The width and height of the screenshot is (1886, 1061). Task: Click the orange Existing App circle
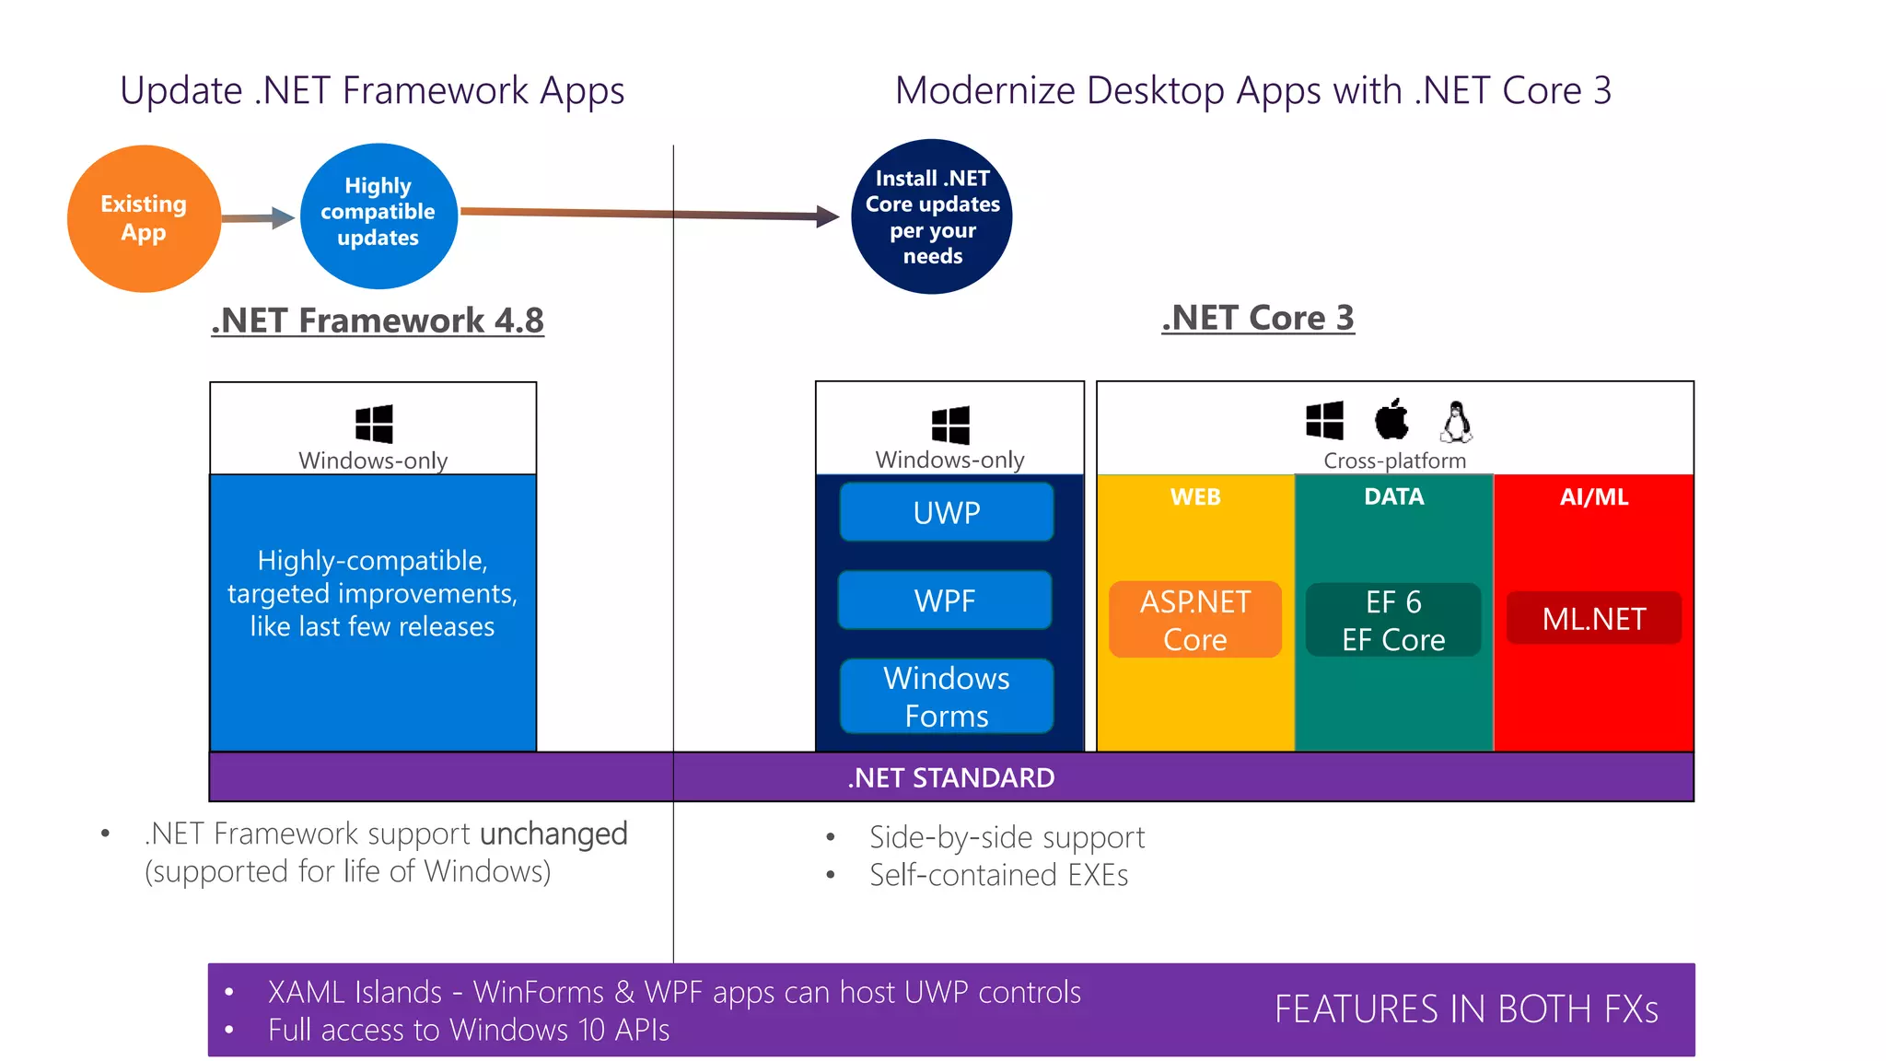(144, 218)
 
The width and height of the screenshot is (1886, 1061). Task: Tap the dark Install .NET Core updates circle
(932, 216)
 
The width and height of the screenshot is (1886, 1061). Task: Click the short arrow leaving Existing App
(258, 218)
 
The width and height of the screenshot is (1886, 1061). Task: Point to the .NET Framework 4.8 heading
(378, 321)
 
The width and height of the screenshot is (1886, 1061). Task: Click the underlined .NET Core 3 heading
(1258, 318)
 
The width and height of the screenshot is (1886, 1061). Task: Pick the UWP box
(947, 512)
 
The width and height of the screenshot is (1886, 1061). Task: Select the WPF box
(945, 600)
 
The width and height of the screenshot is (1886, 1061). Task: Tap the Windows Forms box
(947, 696)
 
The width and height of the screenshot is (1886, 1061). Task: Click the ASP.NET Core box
(1195, 620)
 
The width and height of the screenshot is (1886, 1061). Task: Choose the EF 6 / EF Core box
(1393, 620)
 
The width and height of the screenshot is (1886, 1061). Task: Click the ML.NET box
(1594, 618)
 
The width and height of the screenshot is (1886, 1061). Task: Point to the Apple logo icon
(1391, 420)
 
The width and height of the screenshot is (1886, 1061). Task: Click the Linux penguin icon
(1456, 422)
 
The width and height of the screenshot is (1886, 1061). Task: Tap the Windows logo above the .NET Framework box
(374, 424)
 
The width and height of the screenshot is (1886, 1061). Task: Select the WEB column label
(1195, 497)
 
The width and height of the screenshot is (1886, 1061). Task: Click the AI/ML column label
(1594, 497)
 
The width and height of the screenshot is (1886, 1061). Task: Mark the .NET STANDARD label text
(951, 778)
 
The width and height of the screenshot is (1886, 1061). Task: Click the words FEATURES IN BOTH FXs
(1466, 1009)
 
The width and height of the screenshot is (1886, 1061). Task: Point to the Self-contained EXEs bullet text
(998, 875)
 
